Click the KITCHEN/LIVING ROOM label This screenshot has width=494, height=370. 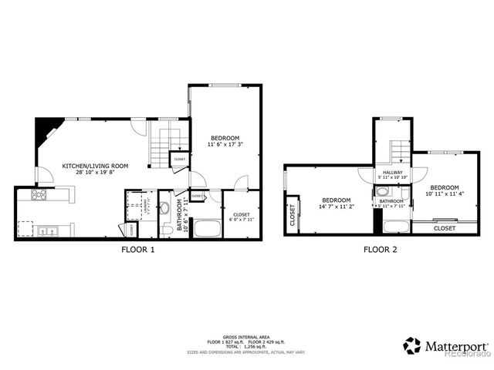(95, 166)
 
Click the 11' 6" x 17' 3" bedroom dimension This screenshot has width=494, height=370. (225, 144)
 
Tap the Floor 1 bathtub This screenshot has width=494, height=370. (205, 229)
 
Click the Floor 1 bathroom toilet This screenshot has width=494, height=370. (167, 230)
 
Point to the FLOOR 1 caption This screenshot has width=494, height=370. (139, 250)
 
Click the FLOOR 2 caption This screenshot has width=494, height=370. (381, 250)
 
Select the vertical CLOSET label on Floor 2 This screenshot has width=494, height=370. (293, 217)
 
